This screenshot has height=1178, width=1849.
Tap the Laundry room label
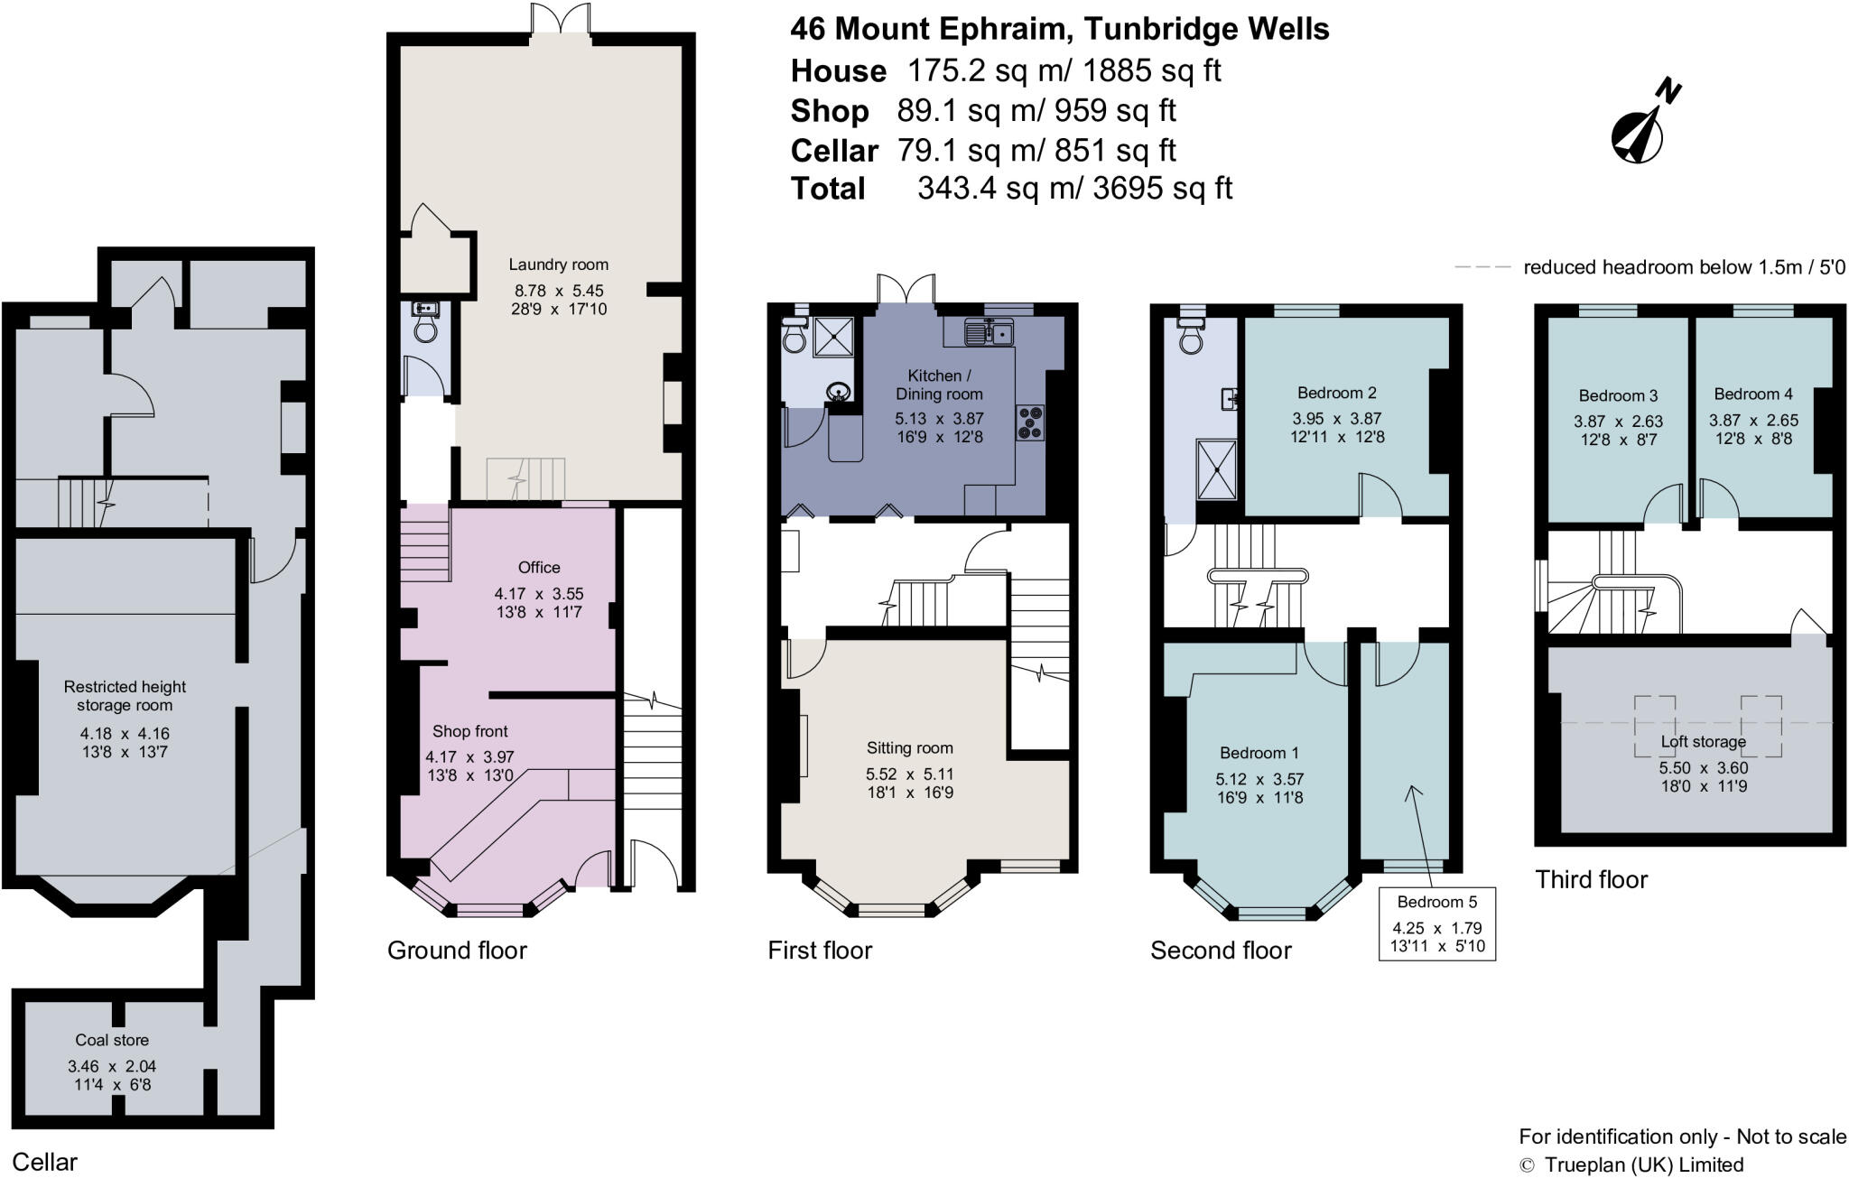click(x=558, y=264)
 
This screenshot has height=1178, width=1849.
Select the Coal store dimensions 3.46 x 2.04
click(x=112, y=1066)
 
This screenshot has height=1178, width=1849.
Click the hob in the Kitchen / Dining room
click(x=1030, y=422)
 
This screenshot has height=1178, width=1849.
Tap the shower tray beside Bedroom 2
click(x=1217, y=468)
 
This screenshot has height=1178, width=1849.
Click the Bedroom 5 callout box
click(x=1436, y=923)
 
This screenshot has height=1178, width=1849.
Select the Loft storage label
click(x=1703, y=742)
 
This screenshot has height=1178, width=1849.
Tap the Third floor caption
click(x=1591, y=879)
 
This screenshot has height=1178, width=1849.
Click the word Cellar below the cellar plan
click(x=44, y=1162)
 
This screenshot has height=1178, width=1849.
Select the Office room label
click(x=539, y=567)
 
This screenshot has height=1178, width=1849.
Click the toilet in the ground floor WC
click(x=424, y=329)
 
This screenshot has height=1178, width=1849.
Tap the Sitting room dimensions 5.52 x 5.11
click(x=909, y=775)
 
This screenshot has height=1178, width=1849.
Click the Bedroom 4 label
click(x=1752, y=394)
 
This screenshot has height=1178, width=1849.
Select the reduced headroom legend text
click(x=1684, y=267)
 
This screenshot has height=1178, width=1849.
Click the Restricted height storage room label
click(x=125, y=696)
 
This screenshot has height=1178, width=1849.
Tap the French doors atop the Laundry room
click(x=560, y=18)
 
